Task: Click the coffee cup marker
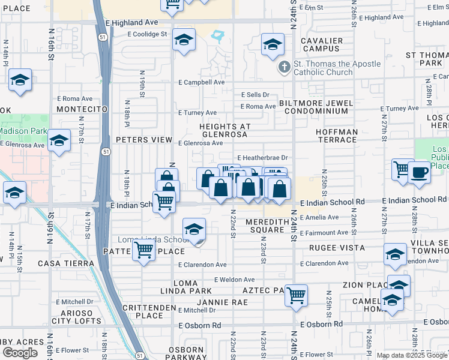coord(419,172)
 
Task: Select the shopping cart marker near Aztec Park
coord(296,295)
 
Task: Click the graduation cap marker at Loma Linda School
coord(194,230)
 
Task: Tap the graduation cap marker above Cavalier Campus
coord(273,44)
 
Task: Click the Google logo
coord(20,353)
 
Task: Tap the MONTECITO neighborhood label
coord(82,109)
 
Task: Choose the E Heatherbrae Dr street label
coord(264,158)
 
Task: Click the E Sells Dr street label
coord(256,95)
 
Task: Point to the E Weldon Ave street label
coord(234,280)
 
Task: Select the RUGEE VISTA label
coord(337,247)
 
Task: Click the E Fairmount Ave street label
coord(324,233)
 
